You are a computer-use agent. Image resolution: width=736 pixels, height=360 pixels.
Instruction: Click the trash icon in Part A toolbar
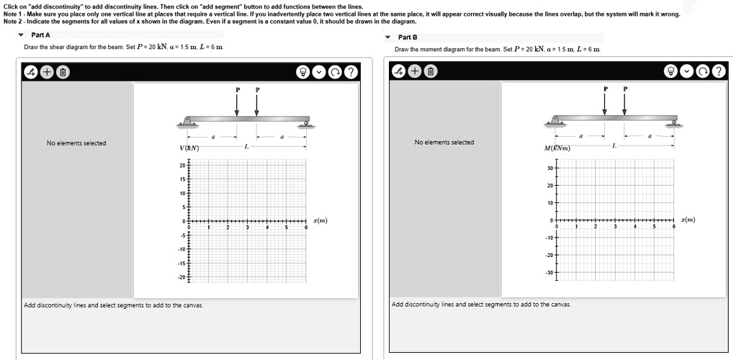(x=63, y=71)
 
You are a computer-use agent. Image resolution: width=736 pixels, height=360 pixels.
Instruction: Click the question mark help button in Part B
(x=718, y=71)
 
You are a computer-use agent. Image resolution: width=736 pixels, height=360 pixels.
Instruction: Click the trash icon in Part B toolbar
(x=430, y=71)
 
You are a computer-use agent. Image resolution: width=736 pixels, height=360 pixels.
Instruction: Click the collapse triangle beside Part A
(x=21, y=35)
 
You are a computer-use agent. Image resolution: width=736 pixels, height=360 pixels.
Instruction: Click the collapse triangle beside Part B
(x=388, y=37)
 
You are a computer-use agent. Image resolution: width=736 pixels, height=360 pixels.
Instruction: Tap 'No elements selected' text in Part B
(x=444, y=142)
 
